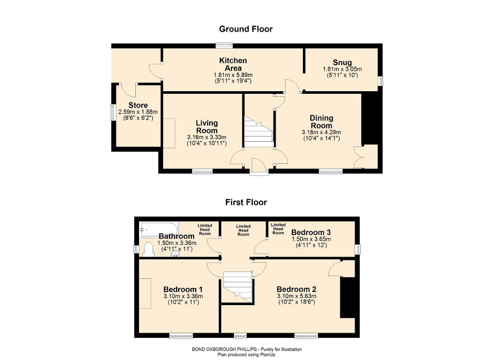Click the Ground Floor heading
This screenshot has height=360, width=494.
tap(246, 29)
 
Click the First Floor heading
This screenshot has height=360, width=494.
tap(246, 202)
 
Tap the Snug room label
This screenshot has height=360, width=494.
tap(342, 63)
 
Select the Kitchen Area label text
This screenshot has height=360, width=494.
tap(233, 64)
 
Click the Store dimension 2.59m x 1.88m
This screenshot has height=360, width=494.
tap(138, 112)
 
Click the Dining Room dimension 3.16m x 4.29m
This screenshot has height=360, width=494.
tap(321, 132)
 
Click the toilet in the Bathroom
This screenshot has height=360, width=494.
tap(149, 248)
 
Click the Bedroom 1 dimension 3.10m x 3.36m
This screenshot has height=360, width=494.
tap(183, 297)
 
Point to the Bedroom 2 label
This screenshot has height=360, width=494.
tap(296, 289)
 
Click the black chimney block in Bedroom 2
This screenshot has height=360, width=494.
tap(348, 297)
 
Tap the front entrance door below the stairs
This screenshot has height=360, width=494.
tap(259, 165)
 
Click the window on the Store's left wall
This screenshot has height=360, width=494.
tap(112, 112)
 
